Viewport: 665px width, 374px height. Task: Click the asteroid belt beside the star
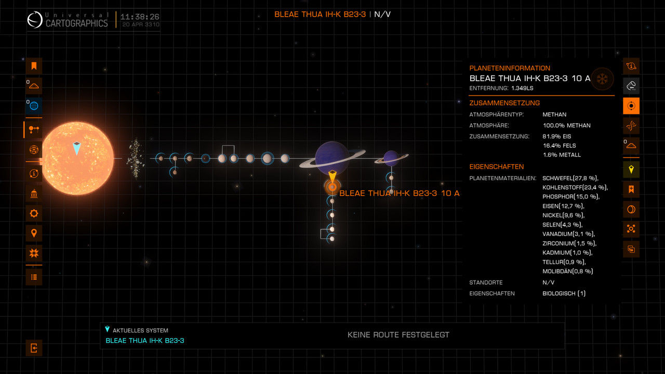136,158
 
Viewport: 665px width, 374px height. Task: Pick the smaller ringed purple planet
391,157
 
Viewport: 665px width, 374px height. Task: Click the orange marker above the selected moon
332,176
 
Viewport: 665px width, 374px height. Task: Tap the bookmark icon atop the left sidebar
34,66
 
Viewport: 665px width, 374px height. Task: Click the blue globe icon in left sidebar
34,106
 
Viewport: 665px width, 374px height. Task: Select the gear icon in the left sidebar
34,213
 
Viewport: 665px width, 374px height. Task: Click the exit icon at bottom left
34,348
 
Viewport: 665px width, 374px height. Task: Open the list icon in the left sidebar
34,277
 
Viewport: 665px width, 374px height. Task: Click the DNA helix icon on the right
631,126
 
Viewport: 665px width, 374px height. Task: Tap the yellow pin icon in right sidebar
631,169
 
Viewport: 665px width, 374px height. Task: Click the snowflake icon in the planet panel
603,79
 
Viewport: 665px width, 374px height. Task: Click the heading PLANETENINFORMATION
510,68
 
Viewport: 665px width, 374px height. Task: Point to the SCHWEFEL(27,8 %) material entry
569,178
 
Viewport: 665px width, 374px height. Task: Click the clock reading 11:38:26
140,17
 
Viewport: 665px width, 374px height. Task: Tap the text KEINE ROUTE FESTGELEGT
398,335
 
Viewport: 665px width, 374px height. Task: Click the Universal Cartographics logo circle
35,21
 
